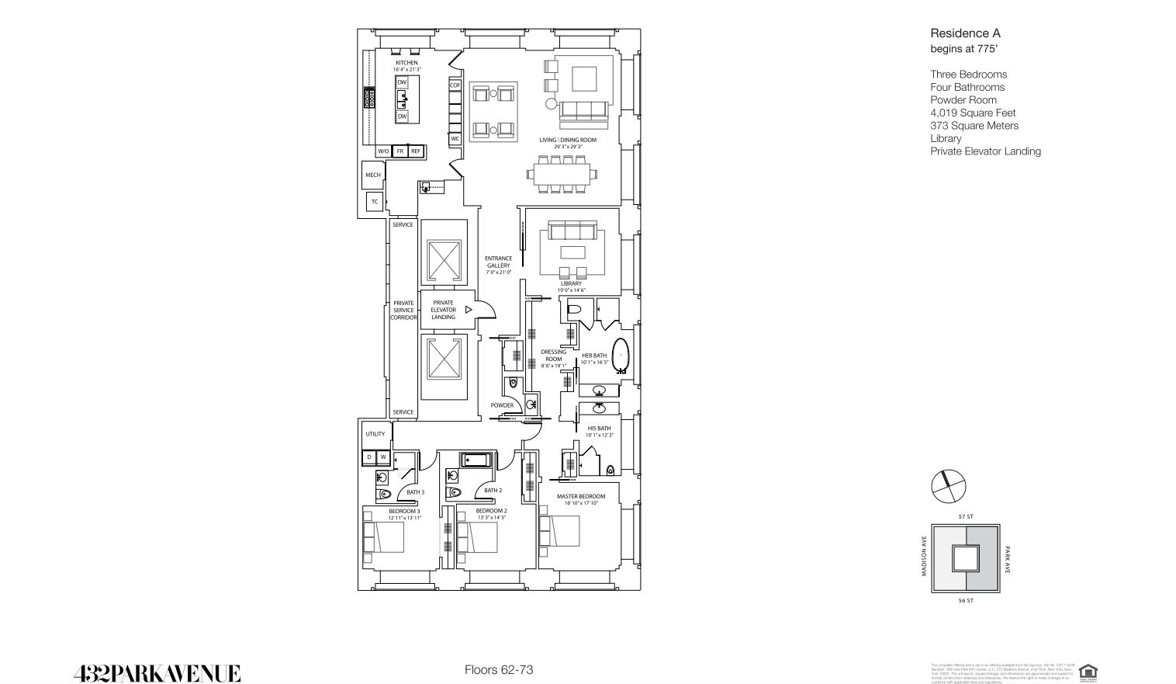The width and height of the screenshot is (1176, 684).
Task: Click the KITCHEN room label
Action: point(406,63)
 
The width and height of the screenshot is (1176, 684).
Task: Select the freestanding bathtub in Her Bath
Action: point(621,356)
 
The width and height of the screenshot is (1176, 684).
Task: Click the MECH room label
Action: point(373,175)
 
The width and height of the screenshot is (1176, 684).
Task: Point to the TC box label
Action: point(375,202)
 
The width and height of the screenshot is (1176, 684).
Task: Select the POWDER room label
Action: point(502,405)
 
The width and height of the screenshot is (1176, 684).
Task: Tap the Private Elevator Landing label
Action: point(443,310)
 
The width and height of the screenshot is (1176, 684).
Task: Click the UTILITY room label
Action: point(375,434)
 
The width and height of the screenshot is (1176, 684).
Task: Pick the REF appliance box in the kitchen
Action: point(416,151)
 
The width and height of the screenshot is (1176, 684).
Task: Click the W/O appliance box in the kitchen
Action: point(383,151)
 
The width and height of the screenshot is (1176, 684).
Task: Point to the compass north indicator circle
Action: point(948,488)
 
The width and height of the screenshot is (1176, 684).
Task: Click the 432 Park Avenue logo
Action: point(157,672)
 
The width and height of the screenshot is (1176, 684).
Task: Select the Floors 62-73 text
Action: point(499,669)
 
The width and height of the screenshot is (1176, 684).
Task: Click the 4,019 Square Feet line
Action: point(973,113)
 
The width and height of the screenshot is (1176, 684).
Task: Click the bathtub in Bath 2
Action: point(476,460)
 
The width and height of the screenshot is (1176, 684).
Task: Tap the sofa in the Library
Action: point(572,231)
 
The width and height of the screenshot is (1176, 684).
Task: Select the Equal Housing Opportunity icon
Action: point(1088,672)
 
